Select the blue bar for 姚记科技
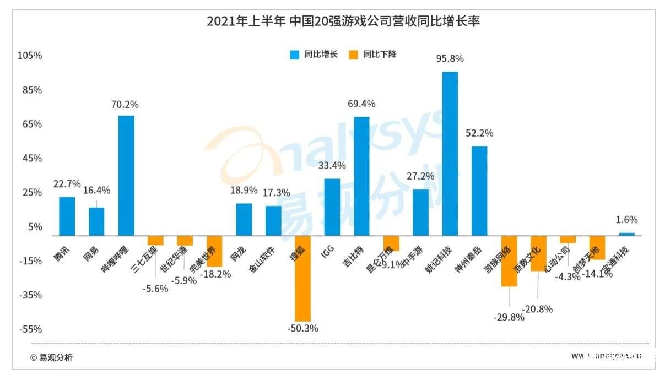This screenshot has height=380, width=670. tap(450, 153)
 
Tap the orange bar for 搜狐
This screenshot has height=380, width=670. tap(302, 278)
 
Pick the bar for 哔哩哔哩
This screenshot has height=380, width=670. tap(126, 175)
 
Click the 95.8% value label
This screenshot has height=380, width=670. tap(450, 58)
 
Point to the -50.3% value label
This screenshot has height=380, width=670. tap(302, 328)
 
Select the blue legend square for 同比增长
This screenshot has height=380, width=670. tap(295, 55)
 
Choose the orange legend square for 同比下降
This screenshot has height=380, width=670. tap(353, 55)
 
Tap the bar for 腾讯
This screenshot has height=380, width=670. tap(67, 216)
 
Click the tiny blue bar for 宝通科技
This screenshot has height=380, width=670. tap(626, 234)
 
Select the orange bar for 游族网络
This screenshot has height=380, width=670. tap(509, 260)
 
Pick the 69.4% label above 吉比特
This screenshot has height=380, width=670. tap(361, 104)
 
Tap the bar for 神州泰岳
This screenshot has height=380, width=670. tap(479, 191)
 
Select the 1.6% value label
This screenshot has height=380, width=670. tap(626, 220)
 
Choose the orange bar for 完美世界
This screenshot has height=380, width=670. tap(214, 251)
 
